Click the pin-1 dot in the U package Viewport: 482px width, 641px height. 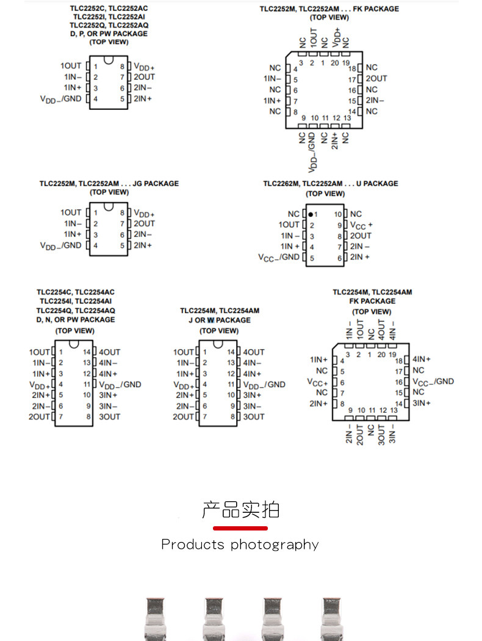click(311, 214)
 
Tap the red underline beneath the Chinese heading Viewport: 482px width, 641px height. click(240, 528)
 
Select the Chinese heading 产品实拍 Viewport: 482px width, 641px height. click(240, 509)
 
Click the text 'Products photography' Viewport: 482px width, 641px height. click(240, 545)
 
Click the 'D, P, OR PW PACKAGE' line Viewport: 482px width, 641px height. click(109, 34)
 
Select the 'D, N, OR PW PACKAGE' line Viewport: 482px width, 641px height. click(76, 319)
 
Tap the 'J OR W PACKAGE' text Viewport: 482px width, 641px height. click(220, 320)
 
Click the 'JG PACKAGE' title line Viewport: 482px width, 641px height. click(109, 183)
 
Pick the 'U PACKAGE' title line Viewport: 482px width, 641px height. click(331, 183)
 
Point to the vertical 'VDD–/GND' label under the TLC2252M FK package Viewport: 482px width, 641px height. click(312, 151)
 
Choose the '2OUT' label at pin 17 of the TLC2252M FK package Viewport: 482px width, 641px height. click(376, 79)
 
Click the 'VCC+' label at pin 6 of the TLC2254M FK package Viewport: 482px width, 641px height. click(317, 382)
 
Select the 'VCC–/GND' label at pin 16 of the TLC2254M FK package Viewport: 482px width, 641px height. click(433, 382)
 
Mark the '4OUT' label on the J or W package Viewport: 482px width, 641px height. click(254, 352)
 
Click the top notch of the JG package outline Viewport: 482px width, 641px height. click(109, 206)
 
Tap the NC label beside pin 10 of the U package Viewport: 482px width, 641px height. click(356, 214)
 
